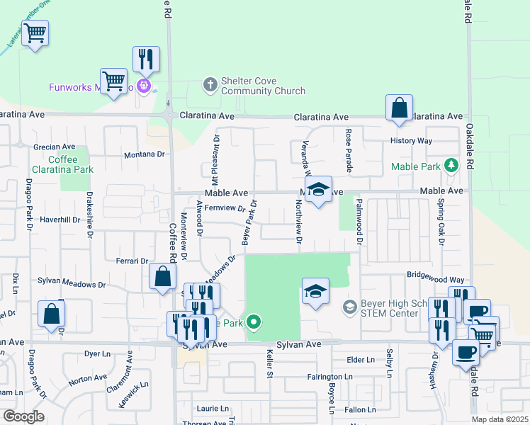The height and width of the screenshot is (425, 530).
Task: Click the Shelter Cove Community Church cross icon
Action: (x=210, y=84)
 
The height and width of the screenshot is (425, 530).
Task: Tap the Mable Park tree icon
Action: (x=451, y=166)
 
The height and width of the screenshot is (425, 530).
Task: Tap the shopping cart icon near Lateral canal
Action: (x=35, y=32)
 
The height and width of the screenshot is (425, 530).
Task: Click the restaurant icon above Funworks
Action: (x=146, y=59)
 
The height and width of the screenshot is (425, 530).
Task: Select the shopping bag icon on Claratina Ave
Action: (x=400, y=108)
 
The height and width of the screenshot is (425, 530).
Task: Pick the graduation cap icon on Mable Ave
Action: (x=318, y=189)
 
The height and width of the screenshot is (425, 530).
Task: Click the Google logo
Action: (x=23, y=416)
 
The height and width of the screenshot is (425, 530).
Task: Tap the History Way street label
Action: (x=411, y=141)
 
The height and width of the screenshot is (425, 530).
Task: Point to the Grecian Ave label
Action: (x=54, y=147)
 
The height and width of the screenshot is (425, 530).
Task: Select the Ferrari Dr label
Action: (x=132, y=261)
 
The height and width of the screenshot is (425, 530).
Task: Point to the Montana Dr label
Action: (x=144, y=154)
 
